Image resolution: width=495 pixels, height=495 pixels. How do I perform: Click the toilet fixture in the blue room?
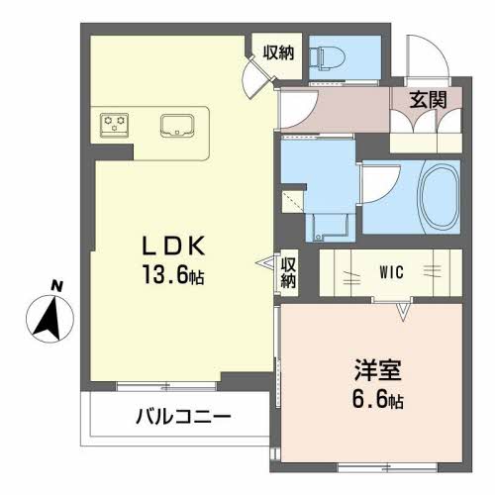[x=327, y=57]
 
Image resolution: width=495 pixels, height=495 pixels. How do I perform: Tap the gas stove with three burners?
[x=114, y=125]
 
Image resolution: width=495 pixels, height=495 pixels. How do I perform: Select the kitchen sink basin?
[x=177, y=126]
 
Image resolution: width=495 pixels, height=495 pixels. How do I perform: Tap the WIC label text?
[x=391, y=272]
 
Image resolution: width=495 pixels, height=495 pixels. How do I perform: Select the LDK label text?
[x=173, y=247]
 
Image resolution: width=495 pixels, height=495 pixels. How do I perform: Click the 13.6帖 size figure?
[x=173, y=275]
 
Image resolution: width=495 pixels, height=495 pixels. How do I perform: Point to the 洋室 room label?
[x=378, y=370]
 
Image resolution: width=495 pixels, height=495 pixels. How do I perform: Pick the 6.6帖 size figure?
[x=377, y=400]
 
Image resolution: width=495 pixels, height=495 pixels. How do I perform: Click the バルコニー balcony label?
[x=183, y=417]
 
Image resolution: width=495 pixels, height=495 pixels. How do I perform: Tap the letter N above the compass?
[x=57, y=285]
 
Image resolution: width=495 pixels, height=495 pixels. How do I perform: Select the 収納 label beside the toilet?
[x=278, y=52]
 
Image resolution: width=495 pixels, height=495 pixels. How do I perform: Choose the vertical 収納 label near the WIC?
[x=288, y=273]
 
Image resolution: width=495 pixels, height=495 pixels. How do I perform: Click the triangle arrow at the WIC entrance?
[x=402, y=312]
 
